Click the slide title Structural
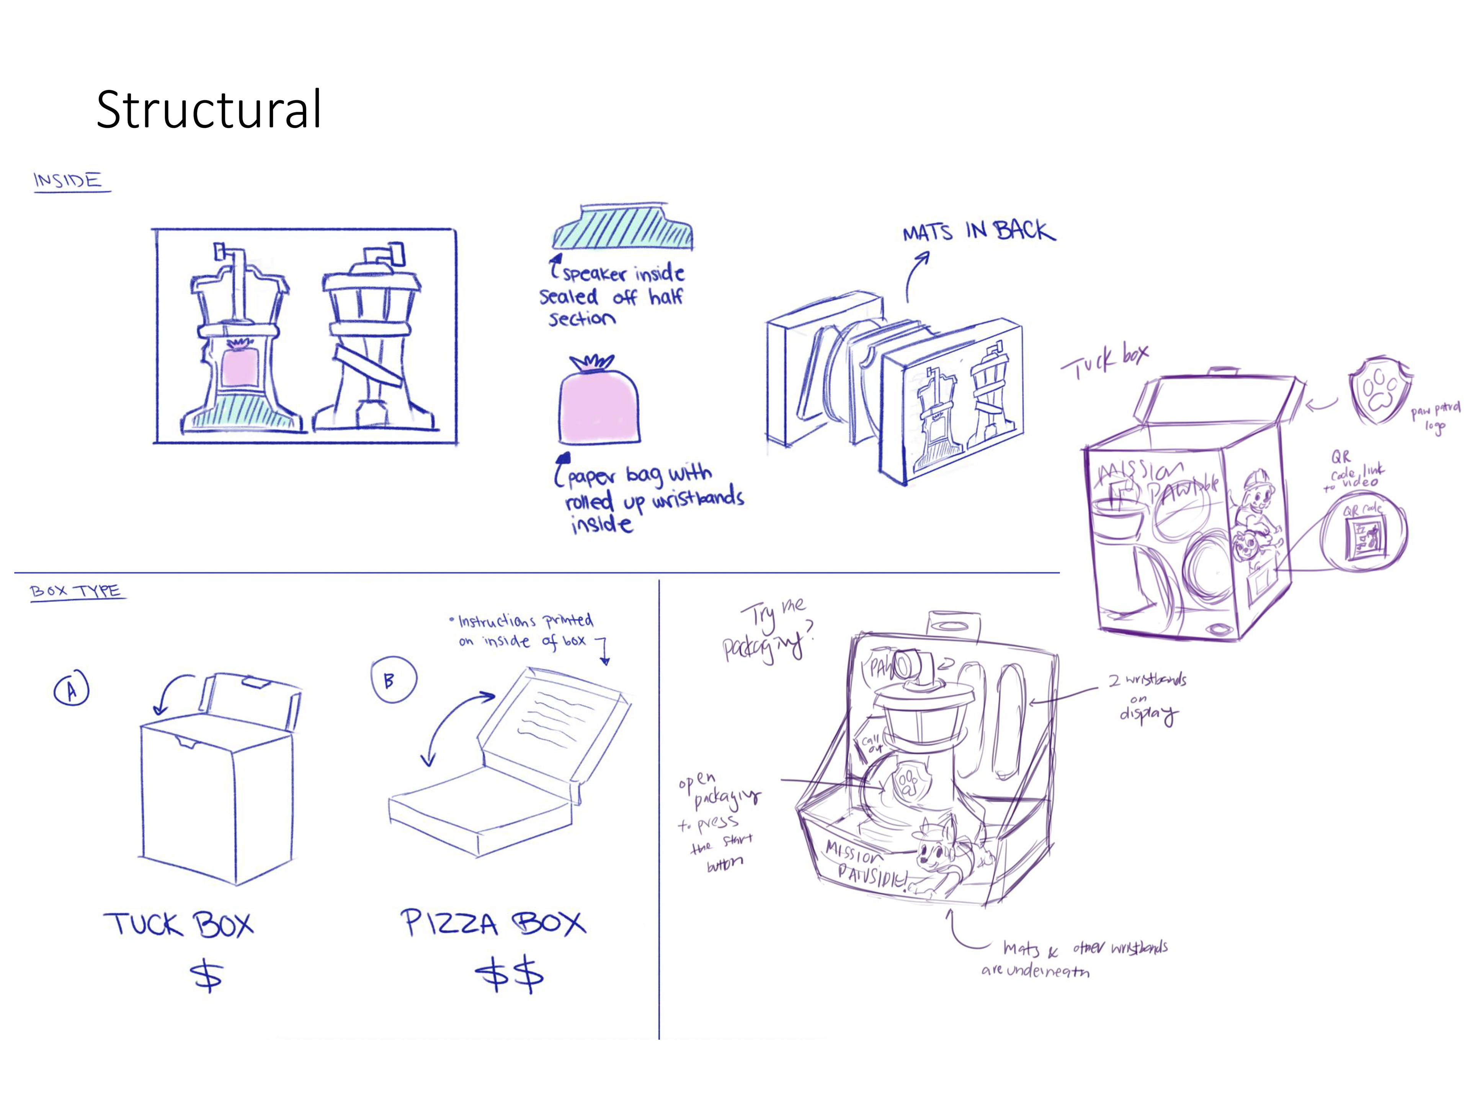coord(209,109)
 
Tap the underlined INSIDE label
coord(69,181)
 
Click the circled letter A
coord(71,690)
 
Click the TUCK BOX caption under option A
coord(178,924)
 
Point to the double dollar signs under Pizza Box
coord(509,975)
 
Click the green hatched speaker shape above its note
coord(623,227)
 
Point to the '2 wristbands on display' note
coord(1147,696)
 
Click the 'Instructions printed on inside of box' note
coord(525,630)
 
